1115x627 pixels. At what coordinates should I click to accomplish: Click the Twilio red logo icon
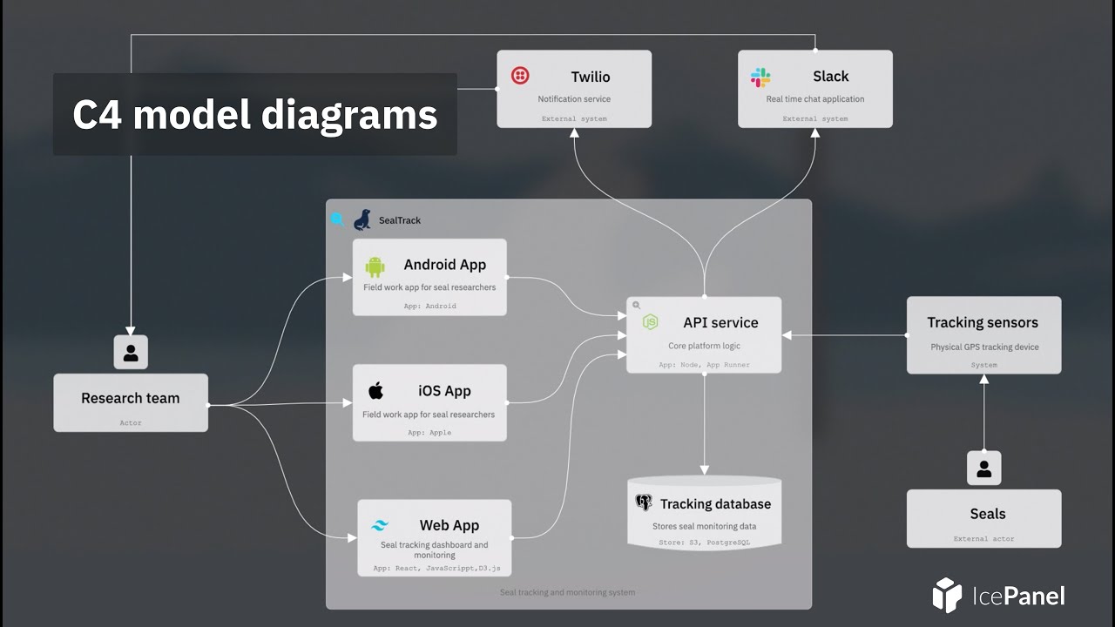520,76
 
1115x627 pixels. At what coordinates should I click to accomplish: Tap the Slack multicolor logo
760,78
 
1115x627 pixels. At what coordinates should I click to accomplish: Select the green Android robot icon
375,266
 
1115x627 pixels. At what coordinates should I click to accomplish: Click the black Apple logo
375,390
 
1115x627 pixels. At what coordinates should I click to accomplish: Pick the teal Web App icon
380,525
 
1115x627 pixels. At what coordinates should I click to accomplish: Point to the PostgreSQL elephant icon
644,502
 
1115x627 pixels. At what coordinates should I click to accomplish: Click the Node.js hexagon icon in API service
650,322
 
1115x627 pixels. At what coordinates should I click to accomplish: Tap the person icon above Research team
131,353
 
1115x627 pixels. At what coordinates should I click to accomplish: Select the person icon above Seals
983,469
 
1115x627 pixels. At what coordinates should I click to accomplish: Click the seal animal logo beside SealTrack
362,219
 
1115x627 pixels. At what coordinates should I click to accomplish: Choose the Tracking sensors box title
983,322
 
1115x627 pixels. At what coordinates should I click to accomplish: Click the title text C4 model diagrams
254,114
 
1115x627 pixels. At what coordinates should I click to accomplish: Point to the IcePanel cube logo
946,595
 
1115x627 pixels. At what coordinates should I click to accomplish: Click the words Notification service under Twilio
574,99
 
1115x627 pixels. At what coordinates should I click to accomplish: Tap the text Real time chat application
815,99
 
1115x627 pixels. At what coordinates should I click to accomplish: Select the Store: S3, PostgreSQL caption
704,543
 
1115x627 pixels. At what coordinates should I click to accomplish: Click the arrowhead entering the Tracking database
704,469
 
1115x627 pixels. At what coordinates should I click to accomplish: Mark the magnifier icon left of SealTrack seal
337,219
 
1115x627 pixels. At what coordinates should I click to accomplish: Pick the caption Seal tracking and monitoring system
567,592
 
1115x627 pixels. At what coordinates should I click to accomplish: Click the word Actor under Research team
131,423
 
